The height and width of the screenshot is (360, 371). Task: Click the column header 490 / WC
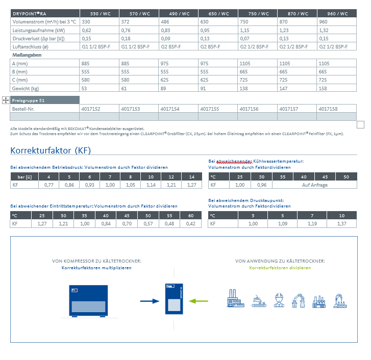[178, 14]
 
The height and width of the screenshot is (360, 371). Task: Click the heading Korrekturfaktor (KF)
[51, 150]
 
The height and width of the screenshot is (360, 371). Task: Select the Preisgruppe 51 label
[29, 100]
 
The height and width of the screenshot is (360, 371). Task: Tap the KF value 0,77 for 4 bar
[50, 185]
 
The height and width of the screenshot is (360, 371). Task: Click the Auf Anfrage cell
[315, 185]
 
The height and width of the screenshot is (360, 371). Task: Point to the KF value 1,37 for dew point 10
[341, 223]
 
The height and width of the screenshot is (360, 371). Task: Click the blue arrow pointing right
[150, 301]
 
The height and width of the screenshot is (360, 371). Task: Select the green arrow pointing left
[199, 301]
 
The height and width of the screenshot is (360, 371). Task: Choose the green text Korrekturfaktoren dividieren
[280, 268]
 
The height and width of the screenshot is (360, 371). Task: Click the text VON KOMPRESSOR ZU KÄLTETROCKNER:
[96, 261]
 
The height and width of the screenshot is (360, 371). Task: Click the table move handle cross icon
[6, 100]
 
